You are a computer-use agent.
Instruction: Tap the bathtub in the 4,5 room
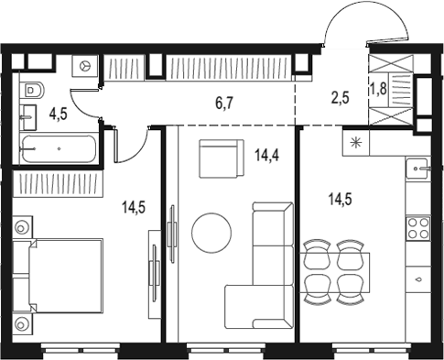60,148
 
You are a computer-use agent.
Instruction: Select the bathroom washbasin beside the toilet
28,117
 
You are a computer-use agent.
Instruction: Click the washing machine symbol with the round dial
85,66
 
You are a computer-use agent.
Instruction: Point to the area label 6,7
224,104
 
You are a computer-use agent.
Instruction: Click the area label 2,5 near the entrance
340,98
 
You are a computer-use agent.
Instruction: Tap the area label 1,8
379,89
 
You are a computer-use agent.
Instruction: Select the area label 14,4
267,156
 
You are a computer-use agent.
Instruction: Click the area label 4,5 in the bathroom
59,115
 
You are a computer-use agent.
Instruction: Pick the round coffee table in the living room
211,233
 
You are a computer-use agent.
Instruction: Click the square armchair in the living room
222,158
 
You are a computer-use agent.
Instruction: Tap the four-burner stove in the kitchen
418,228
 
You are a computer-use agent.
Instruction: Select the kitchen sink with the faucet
417,169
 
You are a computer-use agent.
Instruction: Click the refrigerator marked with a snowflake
356,143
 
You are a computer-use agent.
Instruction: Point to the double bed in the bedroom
66,276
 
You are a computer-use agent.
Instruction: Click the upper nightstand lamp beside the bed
22,228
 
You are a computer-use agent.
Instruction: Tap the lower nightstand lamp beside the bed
22,324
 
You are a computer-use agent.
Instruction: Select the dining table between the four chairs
335,272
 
